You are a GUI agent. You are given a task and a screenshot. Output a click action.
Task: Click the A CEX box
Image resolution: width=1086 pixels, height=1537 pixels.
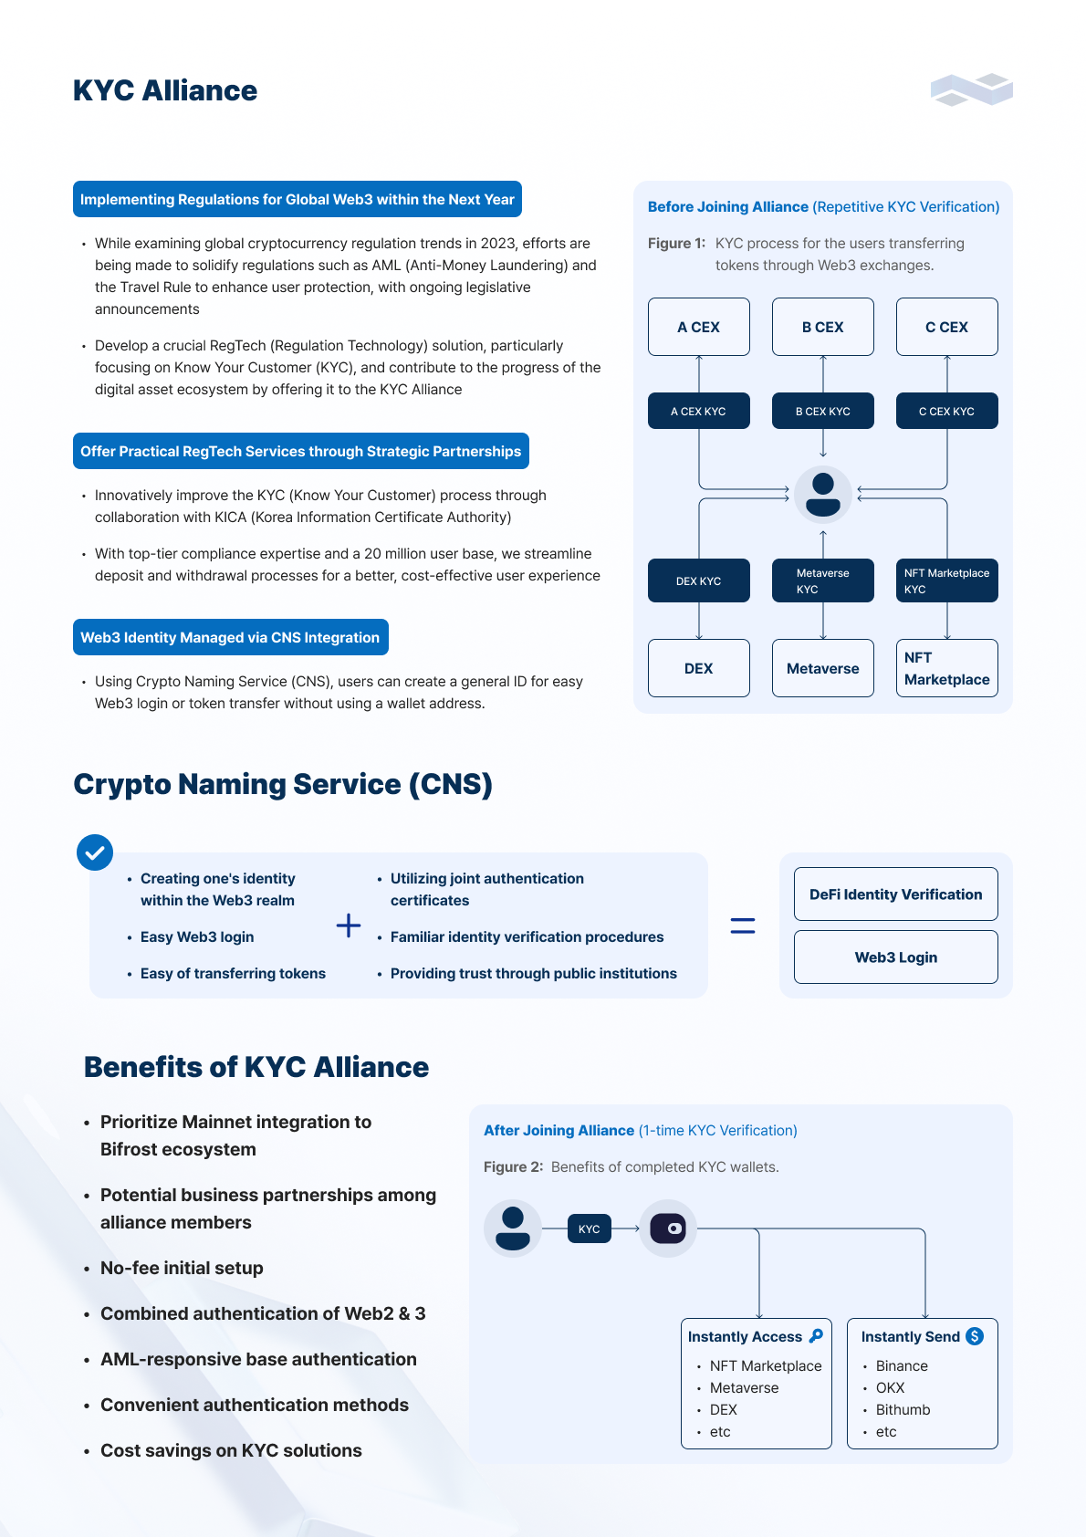click(x=698, y=327)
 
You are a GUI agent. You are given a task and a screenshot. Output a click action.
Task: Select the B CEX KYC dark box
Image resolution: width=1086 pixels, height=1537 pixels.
click(x=822, y=411)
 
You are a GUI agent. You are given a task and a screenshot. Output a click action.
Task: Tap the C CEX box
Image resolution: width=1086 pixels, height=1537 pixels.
click(x=946, y=327)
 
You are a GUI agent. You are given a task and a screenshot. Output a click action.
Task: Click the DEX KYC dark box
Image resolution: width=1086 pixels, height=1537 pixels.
click(x=698, y=580)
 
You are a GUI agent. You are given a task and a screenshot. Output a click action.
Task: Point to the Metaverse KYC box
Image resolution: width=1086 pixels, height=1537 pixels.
click(x=822, y=580)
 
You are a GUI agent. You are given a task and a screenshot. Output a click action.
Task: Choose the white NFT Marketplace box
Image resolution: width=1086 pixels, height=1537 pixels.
click(x=946, y=668)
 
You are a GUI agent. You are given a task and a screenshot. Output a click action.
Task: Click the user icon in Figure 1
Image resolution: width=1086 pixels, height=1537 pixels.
click(x=822, y=494)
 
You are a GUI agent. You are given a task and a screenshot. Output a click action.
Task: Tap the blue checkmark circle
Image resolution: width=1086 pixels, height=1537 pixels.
click(x=95, y=852)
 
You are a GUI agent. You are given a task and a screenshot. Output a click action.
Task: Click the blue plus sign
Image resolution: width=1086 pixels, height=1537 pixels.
click(x=349, y=925)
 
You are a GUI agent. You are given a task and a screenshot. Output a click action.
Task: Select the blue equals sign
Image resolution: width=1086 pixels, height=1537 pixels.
click(x=742, y=925)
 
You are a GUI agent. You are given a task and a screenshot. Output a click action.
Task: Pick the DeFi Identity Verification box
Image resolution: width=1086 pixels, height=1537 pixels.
click(x=895, y=894)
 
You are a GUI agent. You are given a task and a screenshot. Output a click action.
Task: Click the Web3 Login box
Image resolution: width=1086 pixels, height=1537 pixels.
click(x=895, y=957)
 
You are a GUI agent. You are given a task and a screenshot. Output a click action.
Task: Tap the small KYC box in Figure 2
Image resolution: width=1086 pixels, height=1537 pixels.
click(x=589, y=1229)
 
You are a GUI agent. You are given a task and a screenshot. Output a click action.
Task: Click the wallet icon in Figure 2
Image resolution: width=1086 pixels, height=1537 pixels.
click(x=667, y=1229)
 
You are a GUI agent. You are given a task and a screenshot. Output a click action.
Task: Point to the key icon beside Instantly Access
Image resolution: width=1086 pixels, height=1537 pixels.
click(x=816, y=1336)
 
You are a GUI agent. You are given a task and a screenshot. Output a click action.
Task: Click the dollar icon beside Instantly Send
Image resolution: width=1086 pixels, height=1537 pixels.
click(x=974, y=1336)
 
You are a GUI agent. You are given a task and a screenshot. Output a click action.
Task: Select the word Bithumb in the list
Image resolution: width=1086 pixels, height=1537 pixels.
click(x=903, y=1409)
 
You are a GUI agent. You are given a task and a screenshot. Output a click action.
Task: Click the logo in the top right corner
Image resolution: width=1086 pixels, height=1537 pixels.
click(x=971, y=89)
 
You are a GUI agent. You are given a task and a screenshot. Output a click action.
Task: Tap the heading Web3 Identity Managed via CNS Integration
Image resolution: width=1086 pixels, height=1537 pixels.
click(x=231, y=637)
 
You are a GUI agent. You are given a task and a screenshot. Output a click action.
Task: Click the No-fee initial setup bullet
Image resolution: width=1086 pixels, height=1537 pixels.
click(x=182, y=1268)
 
